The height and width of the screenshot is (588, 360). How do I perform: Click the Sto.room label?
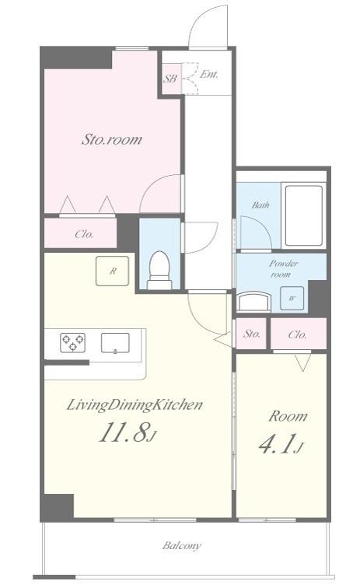click(112, 140)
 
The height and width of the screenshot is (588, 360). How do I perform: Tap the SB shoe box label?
click(170, 78)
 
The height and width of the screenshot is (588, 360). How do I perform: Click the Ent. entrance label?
click(208, 75)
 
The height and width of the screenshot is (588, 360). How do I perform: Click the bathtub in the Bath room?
click(302, 215)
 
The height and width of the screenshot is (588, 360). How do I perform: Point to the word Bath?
click(260, 205)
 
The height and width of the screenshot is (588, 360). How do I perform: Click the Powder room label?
click(284, 269)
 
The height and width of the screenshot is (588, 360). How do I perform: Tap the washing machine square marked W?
click(292, 298)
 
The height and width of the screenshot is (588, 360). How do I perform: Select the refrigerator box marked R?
click(112, 271)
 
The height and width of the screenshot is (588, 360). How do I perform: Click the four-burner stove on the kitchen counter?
click(72, 342)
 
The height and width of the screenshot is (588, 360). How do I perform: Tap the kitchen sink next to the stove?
click(116, 341)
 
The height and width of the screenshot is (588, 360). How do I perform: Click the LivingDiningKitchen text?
click(135, 404)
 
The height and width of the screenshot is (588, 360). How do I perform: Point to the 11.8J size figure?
click(127, 433)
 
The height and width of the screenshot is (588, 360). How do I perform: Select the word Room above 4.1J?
click(288, 415)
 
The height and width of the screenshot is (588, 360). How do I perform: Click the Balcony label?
click(181, 545)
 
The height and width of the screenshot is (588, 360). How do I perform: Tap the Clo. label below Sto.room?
click(84, 233)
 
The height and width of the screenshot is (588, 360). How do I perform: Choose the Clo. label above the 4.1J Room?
click(297, 334)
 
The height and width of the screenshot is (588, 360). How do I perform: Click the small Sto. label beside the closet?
click(252, 334)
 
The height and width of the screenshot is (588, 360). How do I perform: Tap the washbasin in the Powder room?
click(253, 300)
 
